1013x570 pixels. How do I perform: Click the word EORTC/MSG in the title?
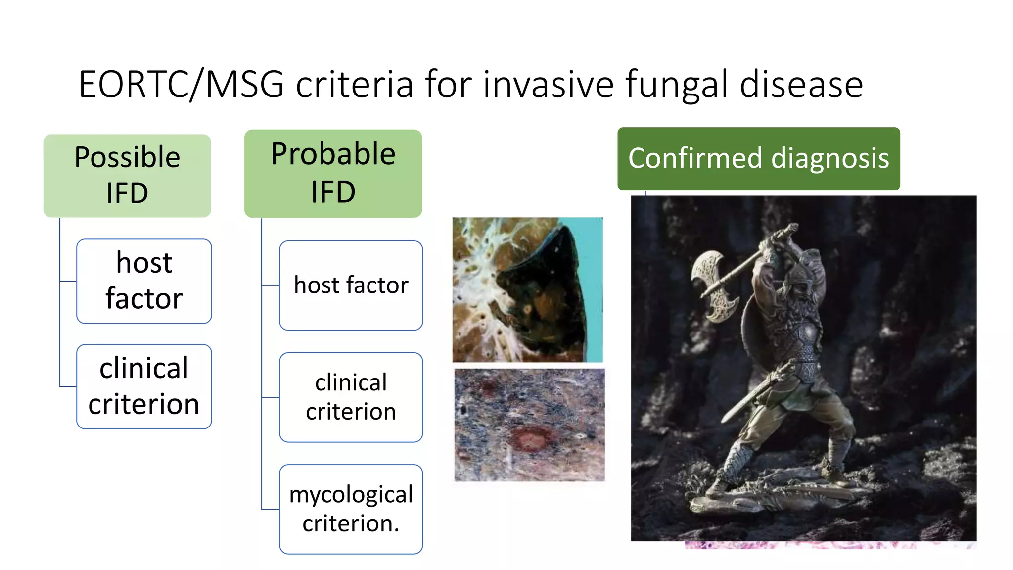pos(181,85)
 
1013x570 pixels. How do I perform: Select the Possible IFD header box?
pos(127,175)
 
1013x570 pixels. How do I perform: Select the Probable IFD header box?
pos(333,173)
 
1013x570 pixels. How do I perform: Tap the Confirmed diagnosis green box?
pos(758,159)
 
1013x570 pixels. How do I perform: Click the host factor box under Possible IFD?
pos(144,281)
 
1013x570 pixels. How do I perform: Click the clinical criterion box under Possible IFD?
pos(144,386)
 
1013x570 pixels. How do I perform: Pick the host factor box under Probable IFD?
pos(351,285)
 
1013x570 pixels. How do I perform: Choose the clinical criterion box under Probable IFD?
pos(351,397)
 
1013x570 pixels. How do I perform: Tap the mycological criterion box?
pos(351,509)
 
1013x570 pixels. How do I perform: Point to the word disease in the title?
pos(801,85)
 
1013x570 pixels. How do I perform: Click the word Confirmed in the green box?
pos(695,159)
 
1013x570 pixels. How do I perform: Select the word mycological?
pos(351,495)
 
